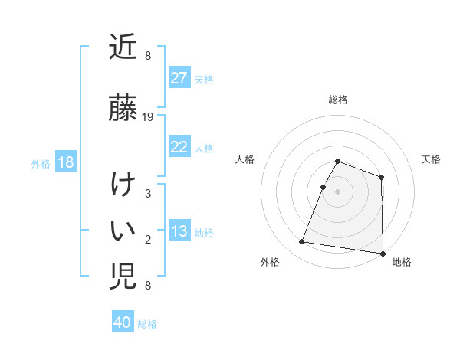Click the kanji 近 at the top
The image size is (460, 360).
[x=123, y=47]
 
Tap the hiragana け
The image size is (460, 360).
[x=123, y=186]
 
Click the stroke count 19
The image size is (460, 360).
[x=149, y=117]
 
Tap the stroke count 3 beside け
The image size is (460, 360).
[x=148, y=194]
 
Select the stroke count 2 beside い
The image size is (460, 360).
[x=148, y=240]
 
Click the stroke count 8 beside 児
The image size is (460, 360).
[x=148, y=286]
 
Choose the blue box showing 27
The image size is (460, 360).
[x=179, y=78]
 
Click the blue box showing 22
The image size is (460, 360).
[x=179, y=147]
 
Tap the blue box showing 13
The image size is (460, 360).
[x=179, y=231]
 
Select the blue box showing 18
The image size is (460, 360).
[x=65, y=162]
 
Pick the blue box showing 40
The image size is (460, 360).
[x=122, y=322]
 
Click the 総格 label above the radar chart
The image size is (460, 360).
[x=337, y=100]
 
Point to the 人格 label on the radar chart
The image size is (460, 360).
[x=245, y=159]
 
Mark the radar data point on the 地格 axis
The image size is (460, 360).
[x=383, y=254]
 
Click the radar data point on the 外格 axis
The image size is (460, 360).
[x=301, y=242]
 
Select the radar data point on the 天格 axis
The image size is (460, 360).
[x=381, y=178]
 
